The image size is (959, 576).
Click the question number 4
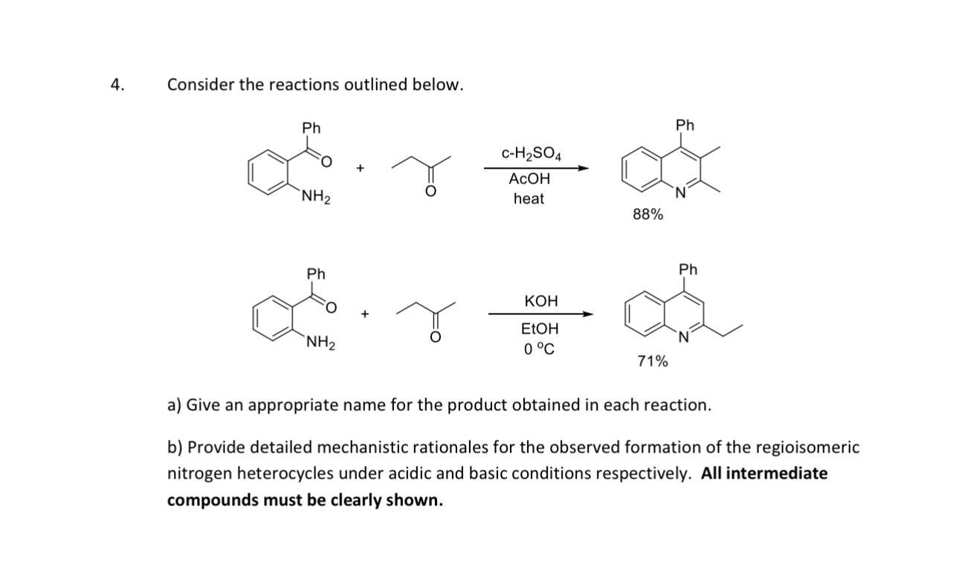click(116, 85)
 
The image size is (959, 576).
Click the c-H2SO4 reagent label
click(532, 154)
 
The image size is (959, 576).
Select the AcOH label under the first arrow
click(529, 179)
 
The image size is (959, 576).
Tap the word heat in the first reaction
click(529, 199)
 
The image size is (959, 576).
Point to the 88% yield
click(648, 215)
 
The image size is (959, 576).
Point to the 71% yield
click(652, 362)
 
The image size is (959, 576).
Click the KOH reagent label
click(540, 301)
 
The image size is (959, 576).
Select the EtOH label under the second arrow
click(540, 329)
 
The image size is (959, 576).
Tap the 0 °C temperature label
click(539, 349)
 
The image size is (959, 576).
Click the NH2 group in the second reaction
click(321, 343)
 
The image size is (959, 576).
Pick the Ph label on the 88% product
click(685, 125)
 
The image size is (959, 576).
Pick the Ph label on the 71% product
click(688, 269)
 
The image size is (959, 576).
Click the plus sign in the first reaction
click(360, 169)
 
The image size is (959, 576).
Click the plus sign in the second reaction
click(365, 314)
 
